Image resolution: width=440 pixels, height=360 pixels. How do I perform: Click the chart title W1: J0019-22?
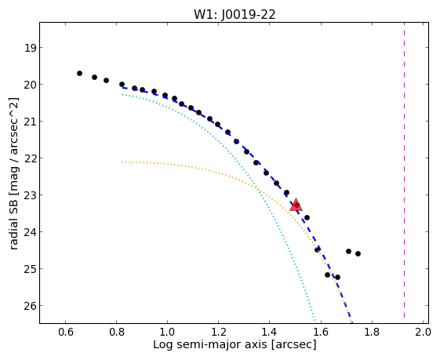point(235,14)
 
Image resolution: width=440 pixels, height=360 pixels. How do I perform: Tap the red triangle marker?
point(296,205)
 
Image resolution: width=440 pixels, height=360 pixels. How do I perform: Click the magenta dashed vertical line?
point(404,170)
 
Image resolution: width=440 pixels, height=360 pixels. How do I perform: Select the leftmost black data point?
point(79,73)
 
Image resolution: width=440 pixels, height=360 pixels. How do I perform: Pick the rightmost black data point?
point(358,253)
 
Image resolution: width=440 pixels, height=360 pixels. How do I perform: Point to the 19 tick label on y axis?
point(30,48)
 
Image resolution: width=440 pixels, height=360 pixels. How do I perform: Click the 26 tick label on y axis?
point(30,306)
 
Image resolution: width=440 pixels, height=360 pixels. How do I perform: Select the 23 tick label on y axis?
point(30,195)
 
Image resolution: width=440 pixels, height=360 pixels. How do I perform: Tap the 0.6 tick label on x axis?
point(65,333)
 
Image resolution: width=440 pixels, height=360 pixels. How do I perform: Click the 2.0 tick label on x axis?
point(423,333)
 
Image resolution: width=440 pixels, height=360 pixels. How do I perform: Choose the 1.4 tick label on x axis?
point(269,333)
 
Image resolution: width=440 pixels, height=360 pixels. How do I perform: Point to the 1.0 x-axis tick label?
point(167,333)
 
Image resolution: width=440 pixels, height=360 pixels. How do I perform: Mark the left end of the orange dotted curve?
point(122,162)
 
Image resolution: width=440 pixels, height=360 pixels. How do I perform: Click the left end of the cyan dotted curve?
point(122,95)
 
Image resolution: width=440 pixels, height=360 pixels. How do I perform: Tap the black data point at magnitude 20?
point(122,84)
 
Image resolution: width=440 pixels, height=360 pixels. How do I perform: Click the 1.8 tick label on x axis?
point(372,333)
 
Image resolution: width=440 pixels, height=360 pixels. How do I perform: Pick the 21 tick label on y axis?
point(30,122)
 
